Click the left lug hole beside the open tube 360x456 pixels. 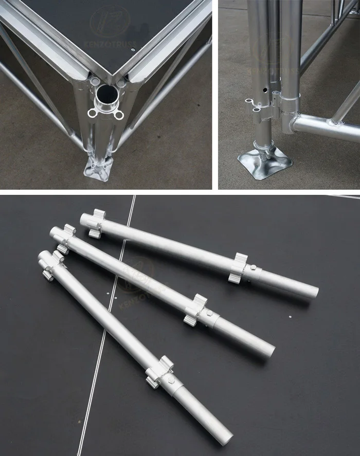[x=93, y=113]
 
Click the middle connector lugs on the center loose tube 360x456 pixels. [x=195, y=311]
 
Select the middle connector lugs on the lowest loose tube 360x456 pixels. [x=159, y=371]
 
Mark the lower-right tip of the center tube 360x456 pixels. [x=269, y=350]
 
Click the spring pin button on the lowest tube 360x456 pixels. [x=171, y=381]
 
